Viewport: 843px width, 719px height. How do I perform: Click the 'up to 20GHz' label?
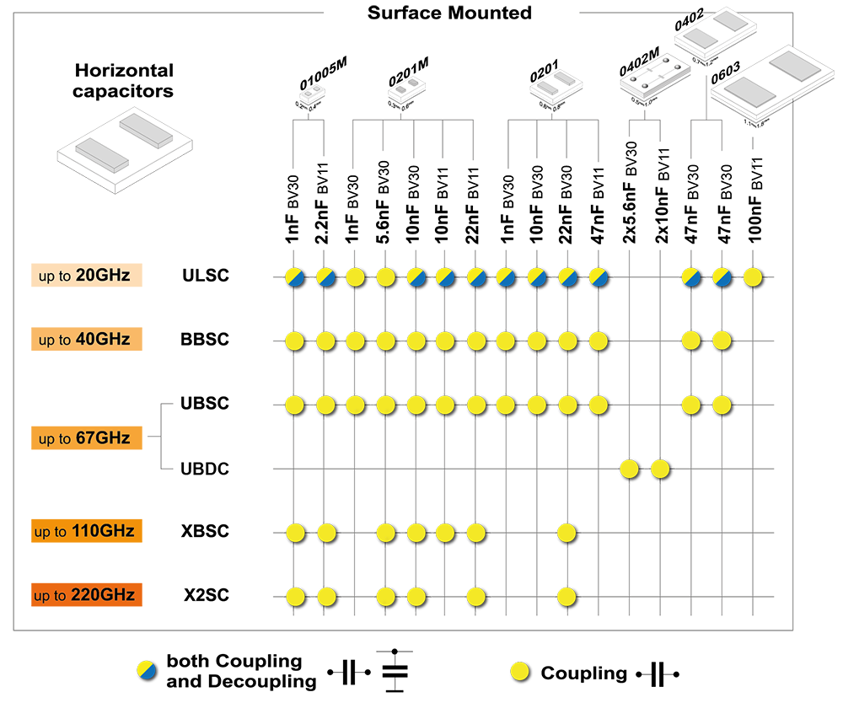(x=84, y=275)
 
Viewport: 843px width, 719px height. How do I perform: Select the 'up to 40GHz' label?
(x=84, y=340)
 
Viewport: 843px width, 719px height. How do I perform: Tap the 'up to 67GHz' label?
(x=84, y=438)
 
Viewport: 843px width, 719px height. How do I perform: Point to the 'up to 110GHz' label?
(x=84, y=532)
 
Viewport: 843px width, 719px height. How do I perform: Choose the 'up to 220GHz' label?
(x=84, y=595)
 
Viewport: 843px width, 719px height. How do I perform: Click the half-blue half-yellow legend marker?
(x=146, y=670)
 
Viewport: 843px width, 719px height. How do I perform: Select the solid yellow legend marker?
(x=519, y=672)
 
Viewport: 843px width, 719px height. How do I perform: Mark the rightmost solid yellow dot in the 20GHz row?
(x=752, y=276)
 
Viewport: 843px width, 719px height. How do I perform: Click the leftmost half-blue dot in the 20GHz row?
(x=294, y=276)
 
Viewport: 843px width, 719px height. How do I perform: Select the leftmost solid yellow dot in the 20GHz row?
(x=355, y=276)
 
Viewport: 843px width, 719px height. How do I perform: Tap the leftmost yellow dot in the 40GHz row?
(x=294, y=341)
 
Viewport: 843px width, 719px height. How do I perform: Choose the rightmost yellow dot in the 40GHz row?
(x=722, y=341)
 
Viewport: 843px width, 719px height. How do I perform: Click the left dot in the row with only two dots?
(x=629, y=469)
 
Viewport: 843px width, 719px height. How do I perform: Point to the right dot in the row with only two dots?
(x=660, y=469)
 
